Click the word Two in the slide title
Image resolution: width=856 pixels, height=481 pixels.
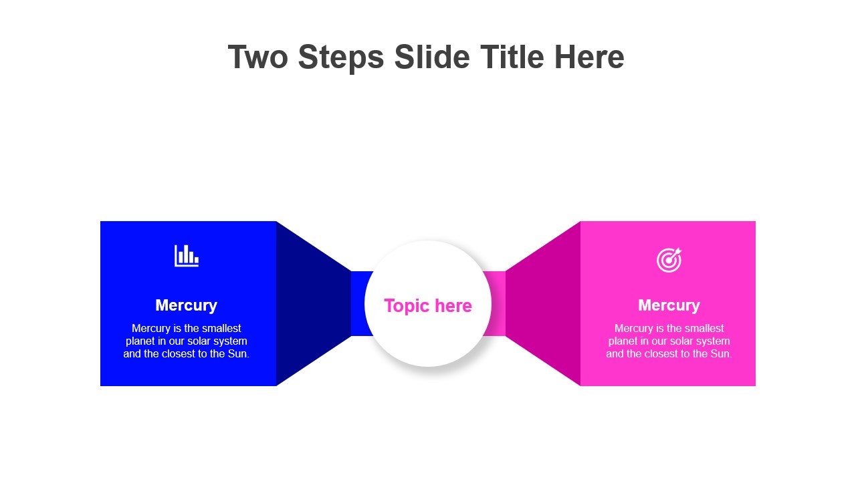[258, 57]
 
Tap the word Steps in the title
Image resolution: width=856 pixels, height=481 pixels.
[341, 58]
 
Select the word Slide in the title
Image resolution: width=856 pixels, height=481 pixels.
[432, 57]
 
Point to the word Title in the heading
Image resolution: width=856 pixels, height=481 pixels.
[512, 57]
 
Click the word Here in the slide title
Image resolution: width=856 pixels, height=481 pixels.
[589, 57]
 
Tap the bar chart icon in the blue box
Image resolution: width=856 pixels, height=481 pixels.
[187, 256]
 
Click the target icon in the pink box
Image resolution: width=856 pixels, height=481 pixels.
[669, 260]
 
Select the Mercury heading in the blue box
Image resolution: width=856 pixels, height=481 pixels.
[186, 305]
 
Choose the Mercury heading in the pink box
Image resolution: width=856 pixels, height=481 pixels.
[669, 305]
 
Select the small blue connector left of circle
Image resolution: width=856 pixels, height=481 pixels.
[360, 303]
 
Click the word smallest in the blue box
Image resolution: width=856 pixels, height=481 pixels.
[221, 328]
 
